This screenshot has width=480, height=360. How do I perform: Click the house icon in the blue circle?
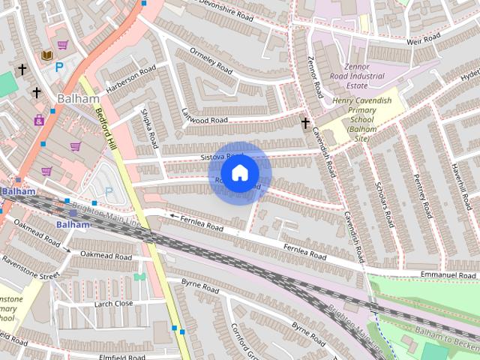[x=239, y=173]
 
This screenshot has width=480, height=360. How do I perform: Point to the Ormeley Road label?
[x=211, y=61]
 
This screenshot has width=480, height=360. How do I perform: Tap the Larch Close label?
[x=113, y=304]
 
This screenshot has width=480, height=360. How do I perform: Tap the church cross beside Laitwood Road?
[x=305, y=124]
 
